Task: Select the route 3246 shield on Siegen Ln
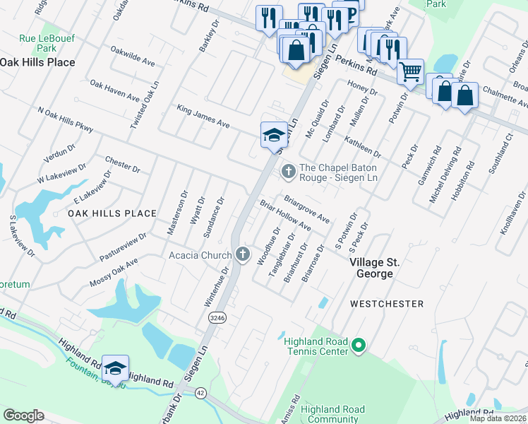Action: click(x=217, y=319)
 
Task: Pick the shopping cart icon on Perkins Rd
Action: click(x=409, y=71)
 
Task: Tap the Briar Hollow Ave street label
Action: click(x=286, y=216)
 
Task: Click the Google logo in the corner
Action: click(x=23, y=416)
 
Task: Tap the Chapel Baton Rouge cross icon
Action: click(x=288, y=171)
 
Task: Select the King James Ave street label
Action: click(x=203, y=117)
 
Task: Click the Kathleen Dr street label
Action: click(x=363, y=147)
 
